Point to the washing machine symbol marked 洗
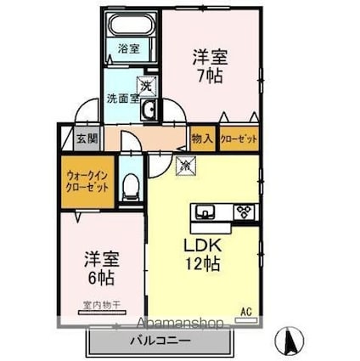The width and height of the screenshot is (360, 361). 146,84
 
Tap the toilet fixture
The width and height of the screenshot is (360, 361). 131,185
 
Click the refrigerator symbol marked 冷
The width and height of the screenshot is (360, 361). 184,165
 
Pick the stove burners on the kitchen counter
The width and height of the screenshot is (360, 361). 244,212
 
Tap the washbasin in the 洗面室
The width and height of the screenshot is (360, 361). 149,109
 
